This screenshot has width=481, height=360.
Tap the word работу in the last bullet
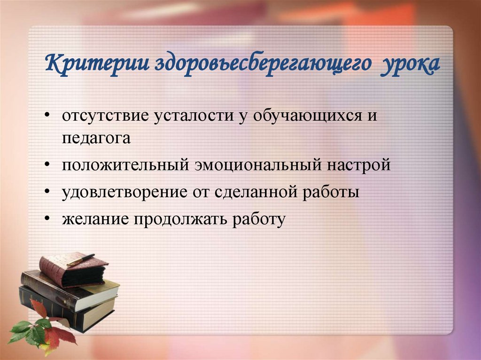pos(257,219)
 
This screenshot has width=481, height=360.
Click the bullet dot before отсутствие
pos(49,116)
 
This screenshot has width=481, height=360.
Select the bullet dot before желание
pos(49,219)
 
